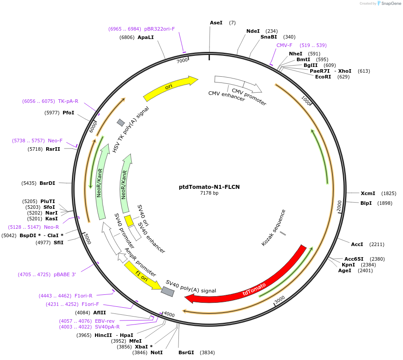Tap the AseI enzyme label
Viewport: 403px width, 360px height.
pyautogui.click(x=216, y=22)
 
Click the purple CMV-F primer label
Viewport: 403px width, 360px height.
pyautogui.click(x=284, y=45)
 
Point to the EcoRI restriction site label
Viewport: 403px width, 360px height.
pyautogui.click(x=323, y=77)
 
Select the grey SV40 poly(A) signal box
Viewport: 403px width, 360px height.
pyautogui.click(x=167, y=291)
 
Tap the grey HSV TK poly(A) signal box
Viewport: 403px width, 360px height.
pyautogui.click(x=121, y=122)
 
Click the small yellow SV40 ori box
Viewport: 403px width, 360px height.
pyautogui.click(x=128, y=220)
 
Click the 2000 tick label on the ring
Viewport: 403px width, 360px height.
pyautogui.click(x=339, y=206)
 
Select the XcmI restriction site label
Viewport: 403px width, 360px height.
pyautogui.click(x=367, y=193)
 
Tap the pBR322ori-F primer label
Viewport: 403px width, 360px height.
pyautogui.click(x=159, y=29)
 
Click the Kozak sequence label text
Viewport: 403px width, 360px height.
pyautogui.click(x=273, y=227)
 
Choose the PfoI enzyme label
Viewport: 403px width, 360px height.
pyautogui.click(x=68, y=113)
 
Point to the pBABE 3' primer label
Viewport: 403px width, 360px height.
pyautogui.click(x=65, y=274)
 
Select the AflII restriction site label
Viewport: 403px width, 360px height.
pyautogui.click(x=99, y=313)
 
